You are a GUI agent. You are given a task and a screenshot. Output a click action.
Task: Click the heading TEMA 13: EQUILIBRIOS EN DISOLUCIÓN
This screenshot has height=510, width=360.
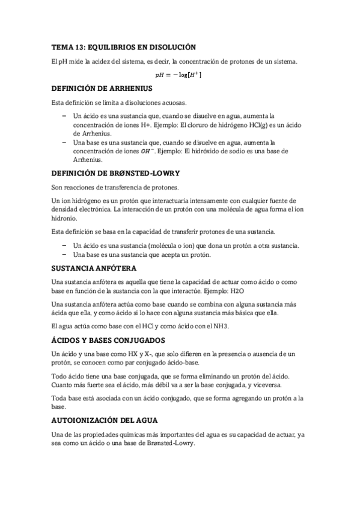coord(124,46)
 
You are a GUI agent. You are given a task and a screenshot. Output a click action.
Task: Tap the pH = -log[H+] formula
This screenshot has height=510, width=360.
coord(178,75)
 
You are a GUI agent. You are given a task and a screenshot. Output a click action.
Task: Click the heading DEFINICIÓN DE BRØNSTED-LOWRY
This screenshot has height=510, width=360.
coord(117,173)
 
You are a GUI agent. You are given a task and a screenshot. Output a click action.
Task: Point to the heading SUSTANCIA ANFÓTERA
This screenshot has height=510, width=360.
coord(94,268)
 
